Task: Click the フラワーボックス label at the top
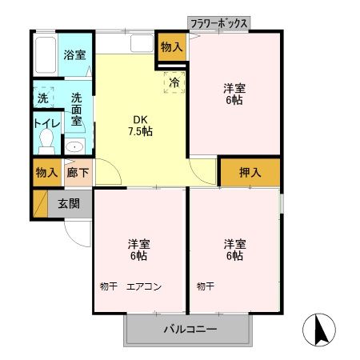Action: tap(219, 24)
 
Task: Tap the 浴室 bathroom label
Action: tap(76, 55)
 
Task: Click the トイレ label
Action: tap(45, 124)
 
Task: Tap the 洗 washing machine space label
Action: tap(42, 98)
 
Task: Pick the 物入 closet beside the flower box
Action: tap(172, 47)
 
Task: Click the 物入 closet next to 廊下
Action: tap(46, 172)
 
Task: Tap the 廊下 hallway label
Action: tap(77, 172)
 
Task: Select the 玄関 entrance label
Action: tap(69, 203)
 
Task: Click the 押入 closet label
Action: tap(250, 172)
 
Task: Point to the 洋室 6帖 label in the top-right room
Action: tap(234, 94)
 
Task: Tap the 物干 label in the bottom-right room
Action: tap(205, 286)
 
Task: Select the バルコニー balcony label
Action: tap(190, 330)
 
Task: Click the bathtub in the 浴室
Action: tap(46, 54)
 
